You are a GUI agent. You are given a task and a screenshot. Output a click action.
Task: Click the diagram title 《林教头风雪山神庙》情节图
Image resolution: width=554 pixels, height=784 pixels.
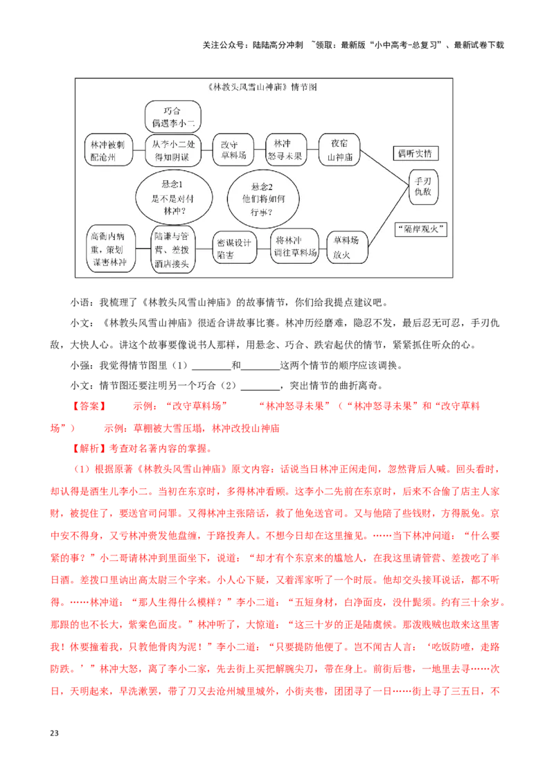[262, 88]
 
